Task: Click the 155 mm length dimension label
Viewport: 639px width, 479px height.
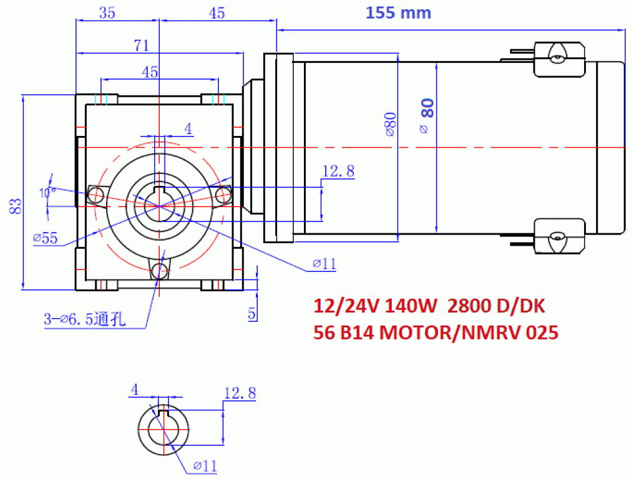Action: coord(398,12)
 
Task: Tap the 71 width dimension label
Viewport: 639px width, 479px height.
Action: coord(142,45)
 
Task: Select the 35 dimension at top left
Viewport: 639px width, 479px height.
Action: coord(107,13)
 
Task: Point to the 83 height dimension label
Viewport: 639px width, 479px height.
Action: coord(15,206)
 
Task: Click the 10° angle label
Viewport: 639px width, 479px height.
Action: coord(47,192)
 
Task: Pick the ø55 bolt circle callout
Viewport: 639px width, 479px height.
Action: coord(45,238)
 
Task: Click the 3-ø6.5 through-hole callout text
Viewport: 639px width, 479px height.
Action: coord(85,319)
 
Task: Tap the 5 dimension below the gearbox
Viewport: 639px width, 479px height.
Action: coord(252,313)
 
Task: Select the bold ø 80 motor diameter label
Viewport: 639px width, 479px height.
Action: coord(426,115)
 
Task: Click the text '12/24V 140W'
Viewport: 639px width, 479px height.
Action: coord(375,306)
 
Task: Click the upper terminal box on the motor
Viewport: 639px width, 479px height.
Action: coord(559,59)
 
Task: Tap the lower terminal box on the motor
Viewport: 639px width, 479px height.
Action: coord(559,236)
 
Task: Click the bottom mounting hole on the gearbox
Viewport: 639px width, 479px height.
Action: coord(159,269)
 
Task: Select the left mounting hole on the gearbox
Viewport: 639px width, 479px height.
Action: coord(95,195)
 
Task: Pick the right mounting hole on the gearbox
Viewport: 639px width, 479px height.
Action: coord(223,195)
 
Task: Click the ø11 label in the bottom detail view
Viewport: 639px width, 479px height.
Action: coord(205,465)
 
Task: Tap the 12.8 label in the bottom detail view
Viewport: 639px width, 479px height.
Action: coord(240,393)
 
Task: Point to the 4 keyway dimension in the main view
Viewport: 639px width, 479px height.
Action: coord(188,128)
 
